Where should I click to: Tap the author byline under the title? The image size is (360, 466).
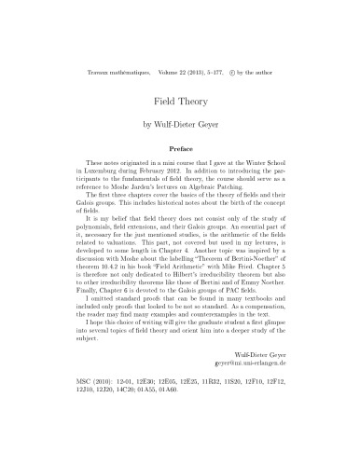179,122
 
